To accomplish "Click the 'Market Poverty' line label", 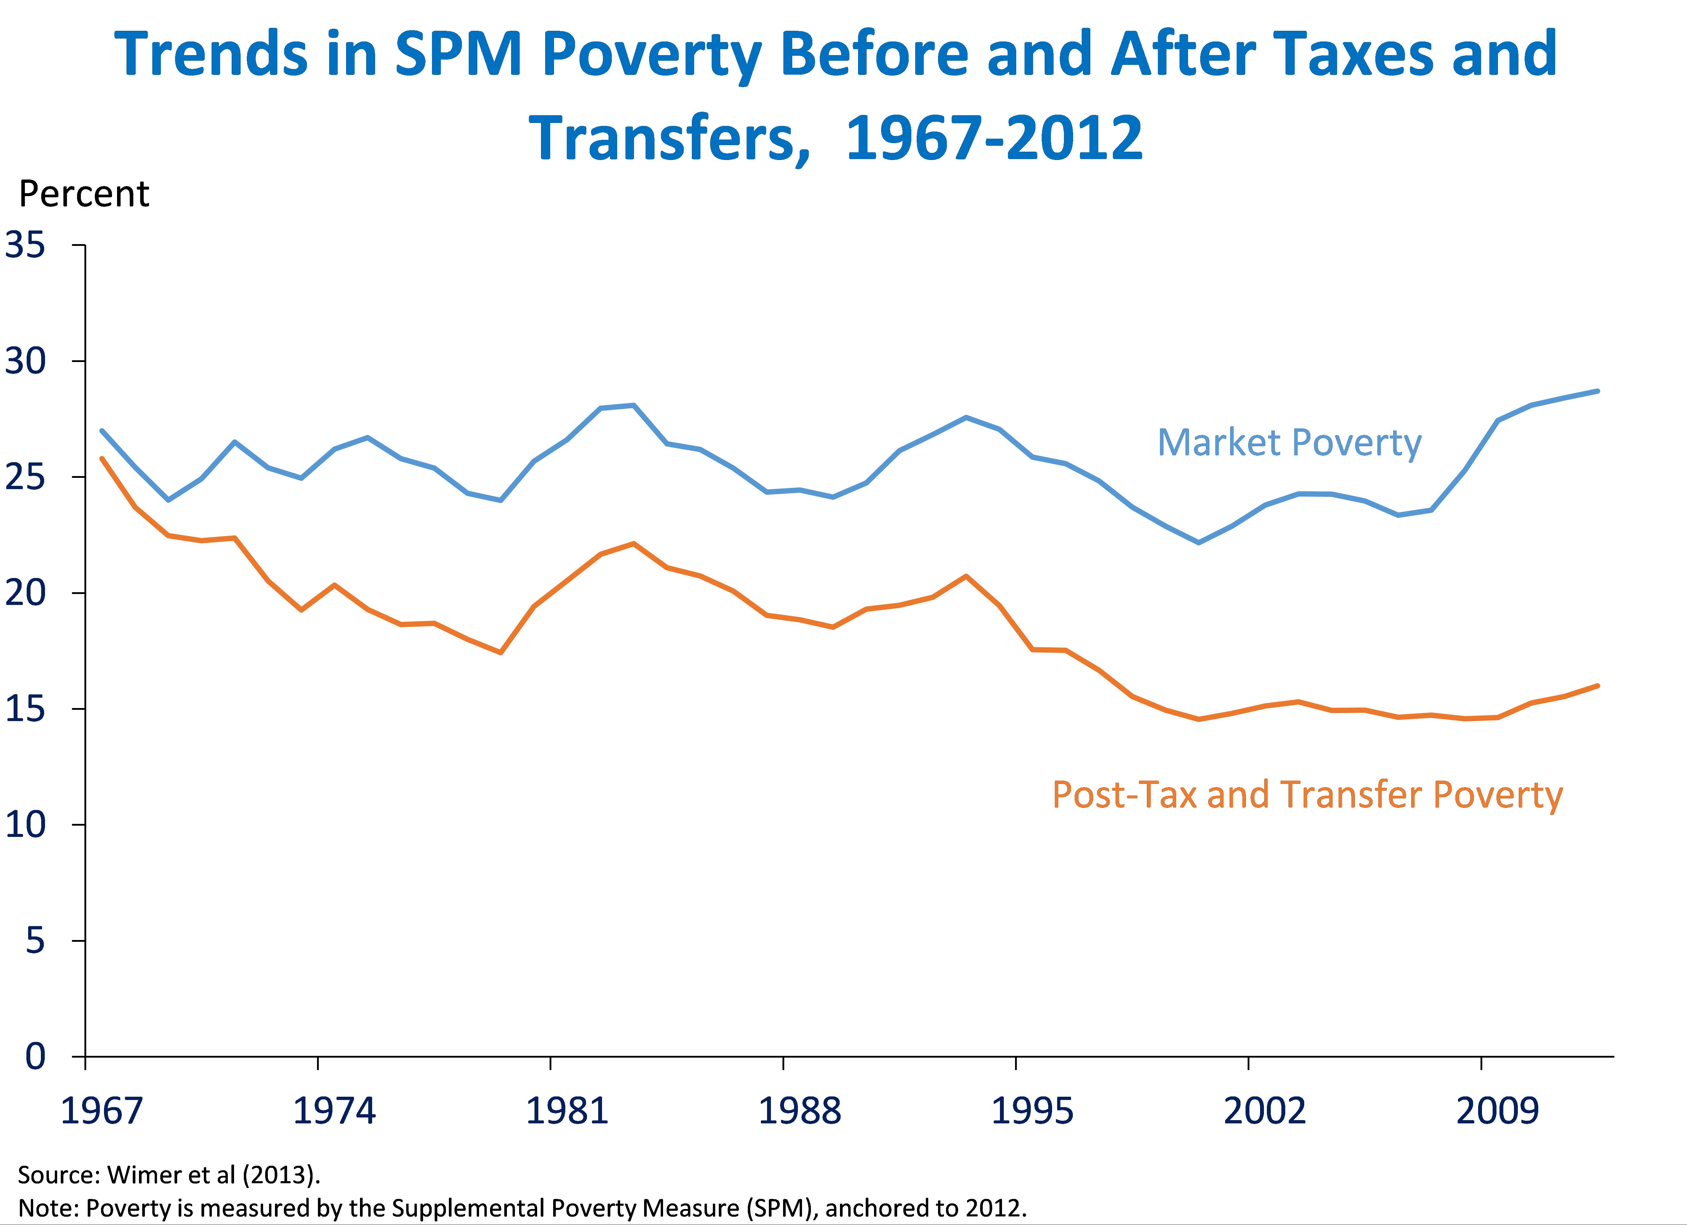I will [x=1289, y=443].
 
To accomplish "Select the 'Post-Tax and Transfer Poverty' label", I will [x=1307, y=795].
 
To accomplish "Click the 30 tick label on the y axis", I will [x=25, y=361].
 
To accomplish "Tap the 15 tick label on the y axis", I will [x=25, y=709].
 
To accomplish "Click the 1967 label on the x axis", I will [x=101, y=1111].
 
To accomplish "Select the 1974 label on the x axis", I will [x=334, y=1111].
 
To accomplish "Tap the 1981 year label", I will [x=567, y=1111].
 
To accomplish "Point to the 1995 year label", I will [x=1033, y=1111].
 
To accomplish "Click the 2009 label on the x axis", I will [x=1497, y=1111].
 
